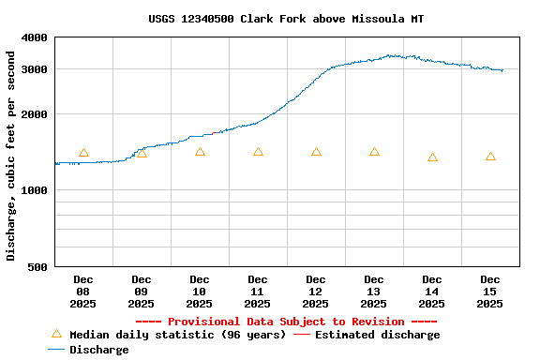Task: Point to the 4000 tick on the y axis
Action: [35, 37]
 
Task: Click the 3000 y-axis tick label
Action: [35, 69]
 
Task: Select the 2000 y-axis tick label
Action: [35, 114]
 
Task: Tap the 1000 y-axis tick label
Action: [35, 190]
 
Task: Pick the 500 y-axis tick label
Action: [38, 267]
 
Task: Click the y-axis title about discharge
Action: [11, 156]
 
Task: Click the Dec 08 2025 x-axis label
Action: [83, 292]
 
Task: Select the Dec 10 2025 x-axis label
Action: [200, 292]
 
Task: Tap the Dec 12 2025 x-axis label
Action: [316, 292]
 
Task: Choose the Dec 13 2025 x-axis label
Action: [374, 292]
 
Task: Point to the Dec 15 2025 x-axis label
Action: [490, 292]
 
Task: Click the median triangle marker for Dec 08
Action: [83, 153]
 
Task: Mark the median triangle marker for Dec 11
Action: [258, 152]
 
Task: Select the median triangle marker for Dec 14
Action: [432, 157]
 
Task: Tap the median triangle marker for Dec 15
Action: [490, 157]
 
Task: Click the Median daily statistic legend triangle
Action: [56, 334]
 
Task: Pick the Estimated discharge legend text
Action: [377, 335]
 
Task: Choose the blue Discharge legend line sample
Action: [56, 350]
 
